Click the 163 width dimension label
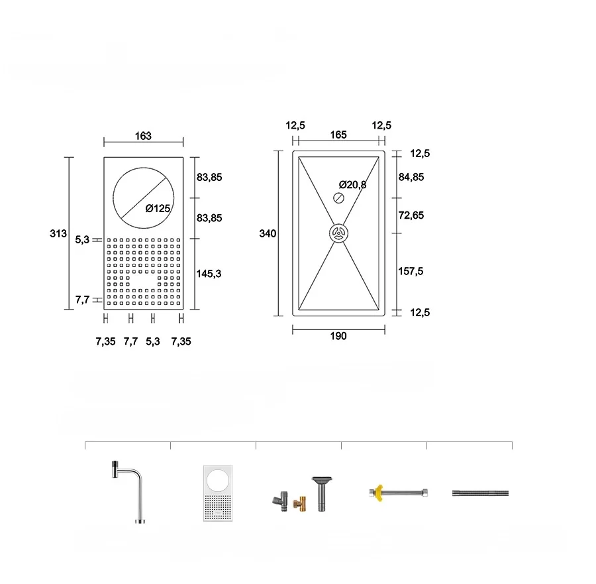point(143,136)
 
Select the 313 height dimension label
point(58,233)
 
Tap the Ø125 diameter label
point(158,209)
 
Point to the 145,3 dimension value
point(209,274)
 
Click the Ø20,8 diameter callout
point(353,185)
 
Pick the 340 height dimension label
point(268,233)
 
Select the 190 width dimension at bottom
point(338,336)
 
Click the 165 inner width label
point(338,135)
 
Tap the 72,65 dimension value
point(411,215)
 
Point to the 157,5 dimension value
point(411,271)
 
